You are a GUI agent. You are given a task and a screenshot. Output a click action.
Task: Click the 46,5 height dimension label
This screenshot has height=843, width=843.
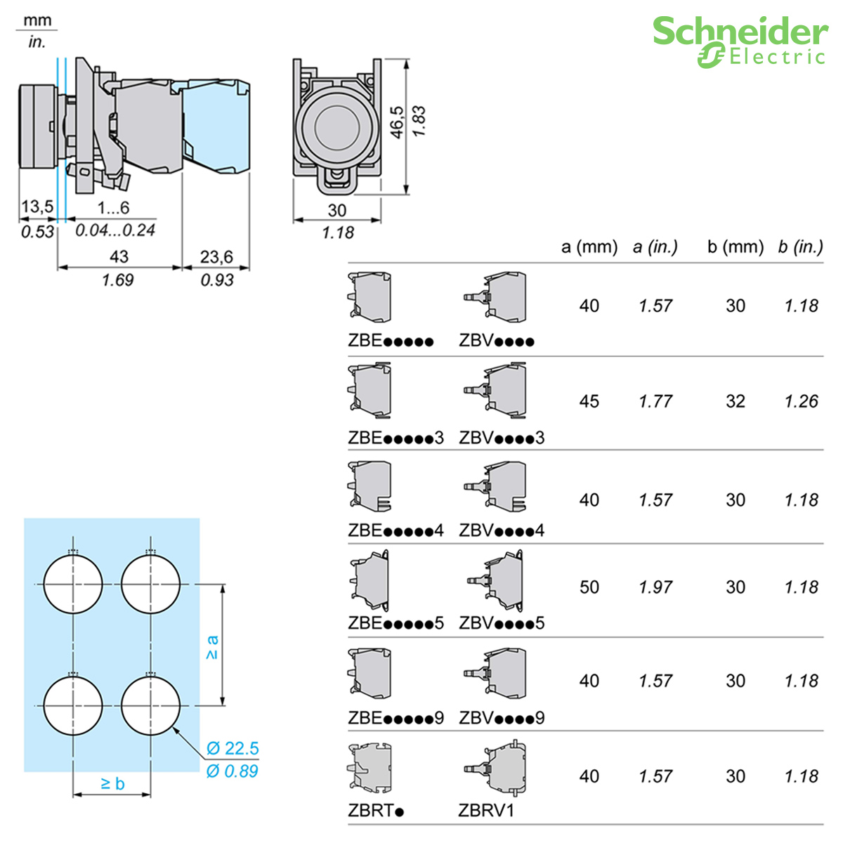coord(397,122)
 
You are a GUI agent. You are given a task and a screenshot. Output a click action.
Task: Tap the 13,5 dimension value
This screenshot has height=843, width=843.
coord(37,207)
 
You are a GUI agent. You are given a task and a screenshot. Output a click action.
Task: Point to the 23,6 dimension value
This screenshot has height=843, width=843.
coord(216,257)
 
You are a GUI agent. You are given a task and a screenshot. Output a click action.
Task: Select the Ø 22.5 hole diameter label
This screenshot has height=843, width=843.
coord(233,749)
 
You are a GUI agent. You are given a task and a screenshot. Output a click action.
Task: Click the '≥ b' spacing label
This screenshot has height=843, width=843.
coord(112,783)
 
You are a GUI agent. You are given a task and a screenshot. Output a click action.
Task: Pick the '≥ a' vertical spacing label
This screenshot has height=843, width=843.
coord(211,647)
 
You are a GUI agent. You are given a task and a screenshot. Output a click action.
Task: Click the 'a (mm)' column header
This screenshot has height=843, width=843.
coord(589,247)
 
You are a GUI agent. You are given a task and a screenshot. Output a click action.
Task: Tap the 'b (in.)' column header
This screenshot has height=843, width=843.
coord(800,247)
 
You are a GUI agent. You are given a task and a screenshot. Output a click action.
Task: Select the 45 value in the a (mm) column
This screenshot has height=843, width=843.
coord(589,401)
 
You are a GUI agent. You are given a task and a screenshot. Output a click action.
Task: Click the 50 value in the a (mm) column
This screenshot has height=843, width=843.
coord(589,587)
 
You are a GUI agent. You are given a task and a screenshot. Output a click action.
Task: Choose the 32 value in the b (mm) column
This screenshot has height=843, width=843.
coord(736,401)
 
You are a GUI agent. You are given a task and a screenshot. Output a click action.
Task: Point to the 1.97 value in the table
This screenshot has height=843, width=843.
coord(655,587)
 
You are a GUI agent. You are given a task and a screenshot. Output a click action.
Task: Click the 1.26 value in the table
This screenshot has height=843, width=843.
coord(802,401)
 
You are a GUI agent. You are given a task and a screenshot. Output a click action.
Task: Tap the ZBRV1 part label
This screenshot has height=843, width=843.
coord(486,811)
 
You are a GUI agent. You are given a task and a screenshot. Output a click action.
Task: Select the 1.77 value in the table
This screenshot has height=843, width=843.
coord(655,401)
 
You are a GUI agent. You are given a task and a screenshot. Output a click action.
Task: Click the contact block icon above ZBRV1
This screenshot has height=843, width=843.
coord(495,769)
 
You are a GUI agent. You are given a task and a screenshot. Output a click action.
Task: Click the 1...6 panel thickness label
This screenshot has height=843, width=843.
coord(113,207)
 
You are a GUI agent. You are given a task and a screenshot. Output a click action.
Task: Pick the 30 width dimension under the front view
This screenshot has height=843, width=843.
coord(337,210)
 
